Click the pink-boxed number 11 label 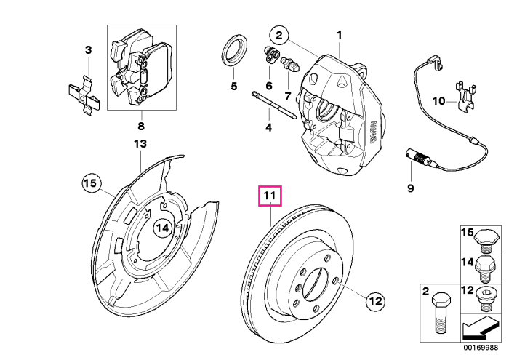(270, 196)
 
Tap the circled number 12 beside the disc (375, 301)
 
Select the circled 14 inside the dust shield (162, 228)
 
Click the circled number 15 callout (91, 183)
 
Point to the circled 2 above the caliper (279, 35)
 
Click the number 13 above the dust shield (140, 143)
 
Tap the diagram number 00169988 (481, 348)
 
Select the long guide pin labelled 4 (273, 105)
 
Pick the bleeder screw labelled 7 (290, 64)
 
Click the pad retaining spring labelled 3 (84, 95)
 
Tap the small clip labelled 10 (466, 96)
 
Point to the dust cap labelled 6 (270, 55)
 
